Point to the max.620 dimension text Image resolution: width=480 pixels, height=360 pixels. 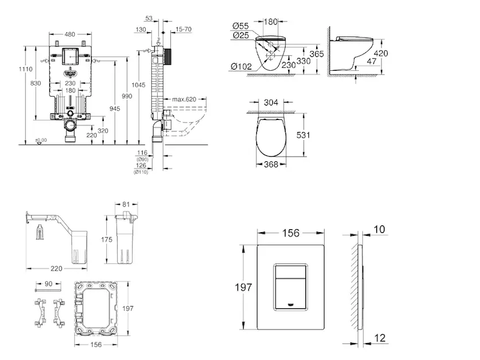pyautogui.click(x=184, y=99)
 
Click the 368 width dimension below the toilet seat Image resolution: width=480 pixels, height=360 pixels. pyautogui.click(x=271, y=165)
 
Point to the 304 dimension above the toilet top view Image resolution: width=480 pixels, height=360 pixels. pyautogui.click(x=272, y=103)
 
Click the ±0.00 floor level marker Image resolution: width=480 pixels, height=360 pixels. pyautogui.click(x=40, y=140)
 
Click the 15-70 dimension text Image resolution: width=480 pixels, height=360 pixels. pyautogui.click(x=184, y=29)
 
